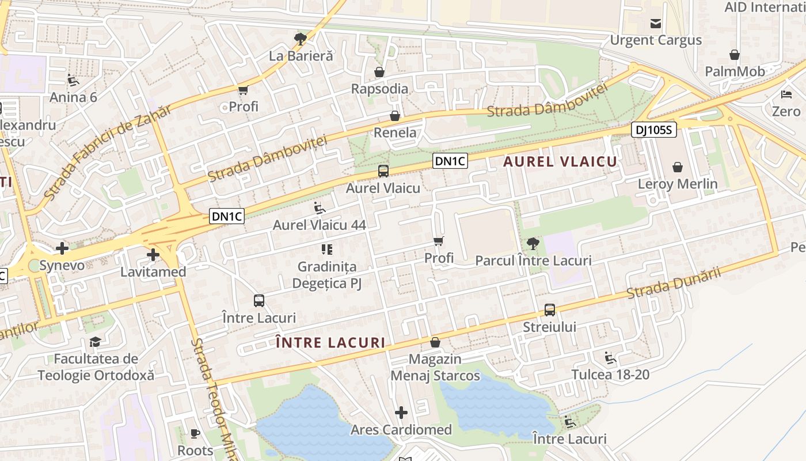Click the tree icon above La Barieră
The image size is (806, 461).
[300, 39]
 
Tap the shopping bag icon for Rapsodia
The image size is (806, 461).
[379, 72]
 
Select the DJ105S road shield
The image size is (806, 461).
[653, 130]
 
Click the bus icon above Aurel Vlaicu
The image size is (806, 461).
[383, 171]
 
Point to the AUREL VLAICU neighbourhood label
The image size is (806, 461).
[560, 162]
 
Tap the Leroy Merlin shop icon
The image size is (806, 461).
[678, 167]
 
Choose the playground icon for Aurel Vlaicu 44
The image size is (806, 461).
[320, 208]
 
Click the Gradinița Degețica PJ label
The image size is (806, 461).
[327, 275]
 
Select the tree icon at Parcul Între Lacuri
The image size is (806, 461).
[533, 244]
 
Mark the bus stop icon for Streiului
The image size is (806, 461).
[550, 310]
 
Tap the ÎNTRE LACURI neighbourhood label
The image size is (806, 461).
[330, 342]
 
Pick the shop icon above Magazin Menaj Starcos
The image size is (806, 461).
[435, 342]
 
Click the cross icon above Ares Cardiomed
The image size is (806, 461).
[401, 413]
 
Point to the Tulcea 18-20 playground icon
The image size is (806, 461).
[610, 358]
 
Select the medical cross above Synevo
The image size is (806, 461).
[62, 248]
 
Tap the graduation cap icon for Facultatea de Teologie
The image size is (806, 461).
[95, 342]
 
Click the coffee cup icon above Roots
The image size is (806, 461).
[195, 433]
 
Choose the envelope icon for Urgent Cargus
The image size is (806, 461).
[656, 24]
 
